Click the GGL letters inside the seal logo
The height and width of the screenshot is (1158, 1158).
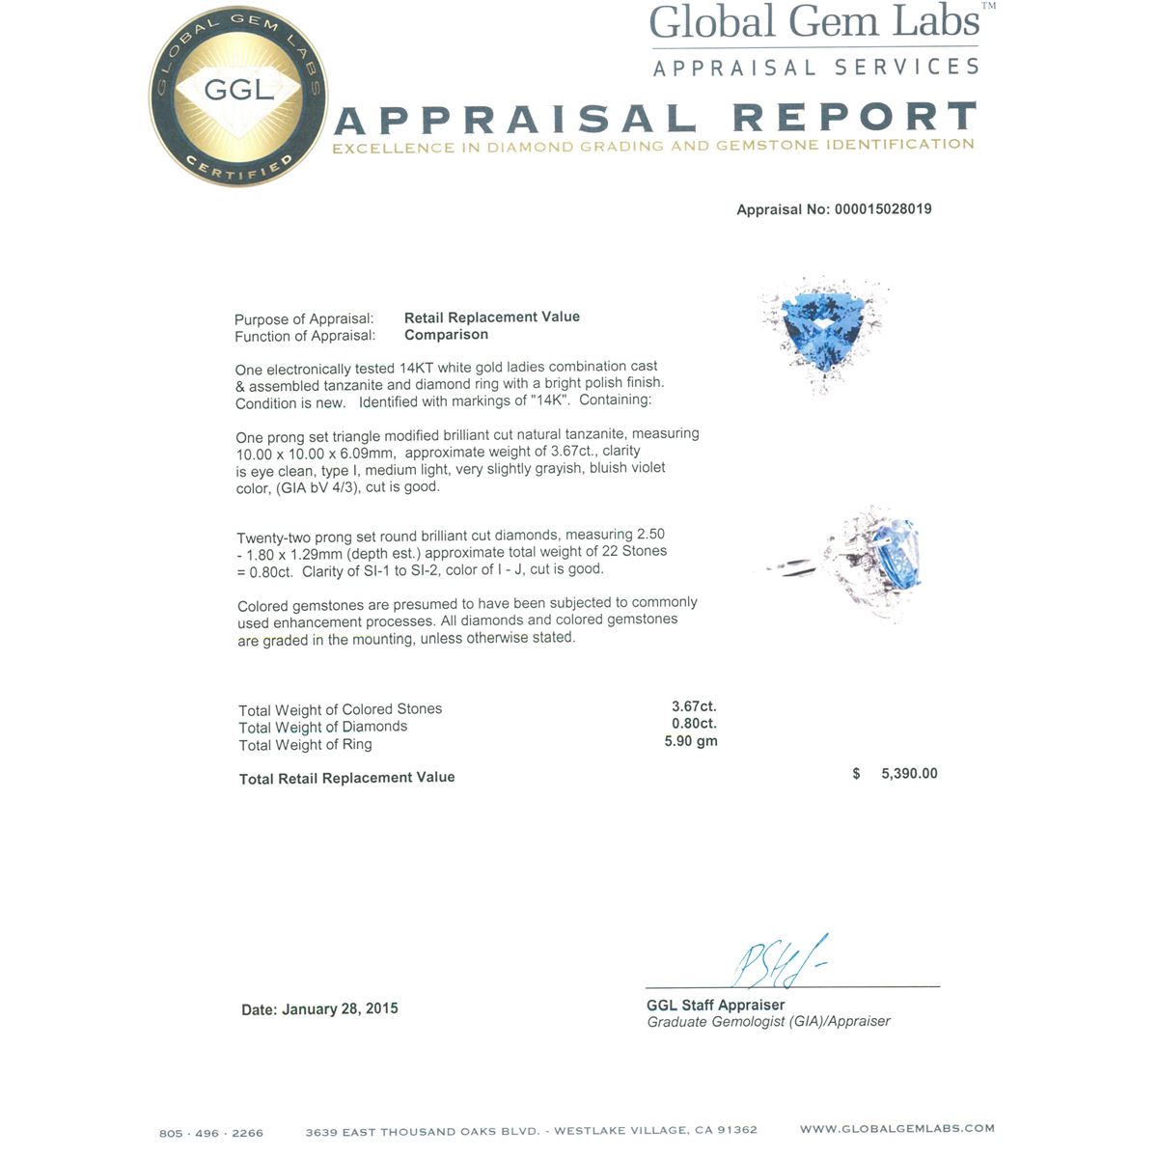239,90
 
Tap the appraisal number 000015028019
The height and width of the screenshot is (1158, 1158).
882,209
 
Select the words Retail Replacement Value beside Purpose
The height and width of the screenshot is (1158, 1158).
492,317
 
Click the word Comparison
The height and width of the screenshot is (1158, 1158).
446,335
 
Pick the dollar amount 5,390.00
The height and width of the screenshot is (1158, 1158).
909,774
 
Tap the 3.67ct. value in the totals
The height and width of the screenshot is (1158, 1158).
694,706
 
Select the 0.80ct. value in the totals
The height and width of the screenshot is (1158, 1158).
694,724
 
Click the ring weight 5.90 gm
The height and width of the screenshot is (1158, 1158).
691,742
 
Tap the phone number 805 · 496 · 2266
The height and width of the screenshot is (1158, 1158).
211,1133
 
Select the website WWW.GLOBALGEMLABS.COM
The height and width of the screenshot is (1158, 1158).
896,1128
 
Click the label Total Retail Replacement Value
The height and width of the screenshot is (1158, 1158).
346,778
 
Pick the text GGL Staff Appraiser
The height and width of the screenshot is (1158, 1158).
715,1005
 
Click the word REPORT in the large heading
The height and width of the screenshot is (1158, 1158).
855,118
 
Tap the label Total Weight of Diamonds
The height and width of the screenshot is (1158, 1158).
322,727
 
